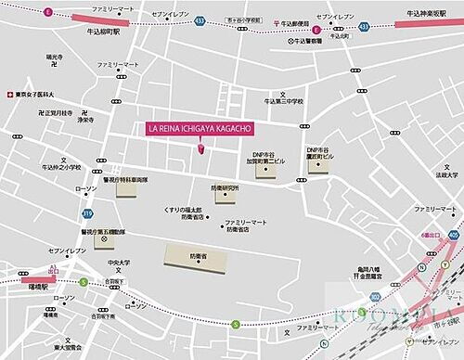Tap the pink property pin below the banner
point(199,147)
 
